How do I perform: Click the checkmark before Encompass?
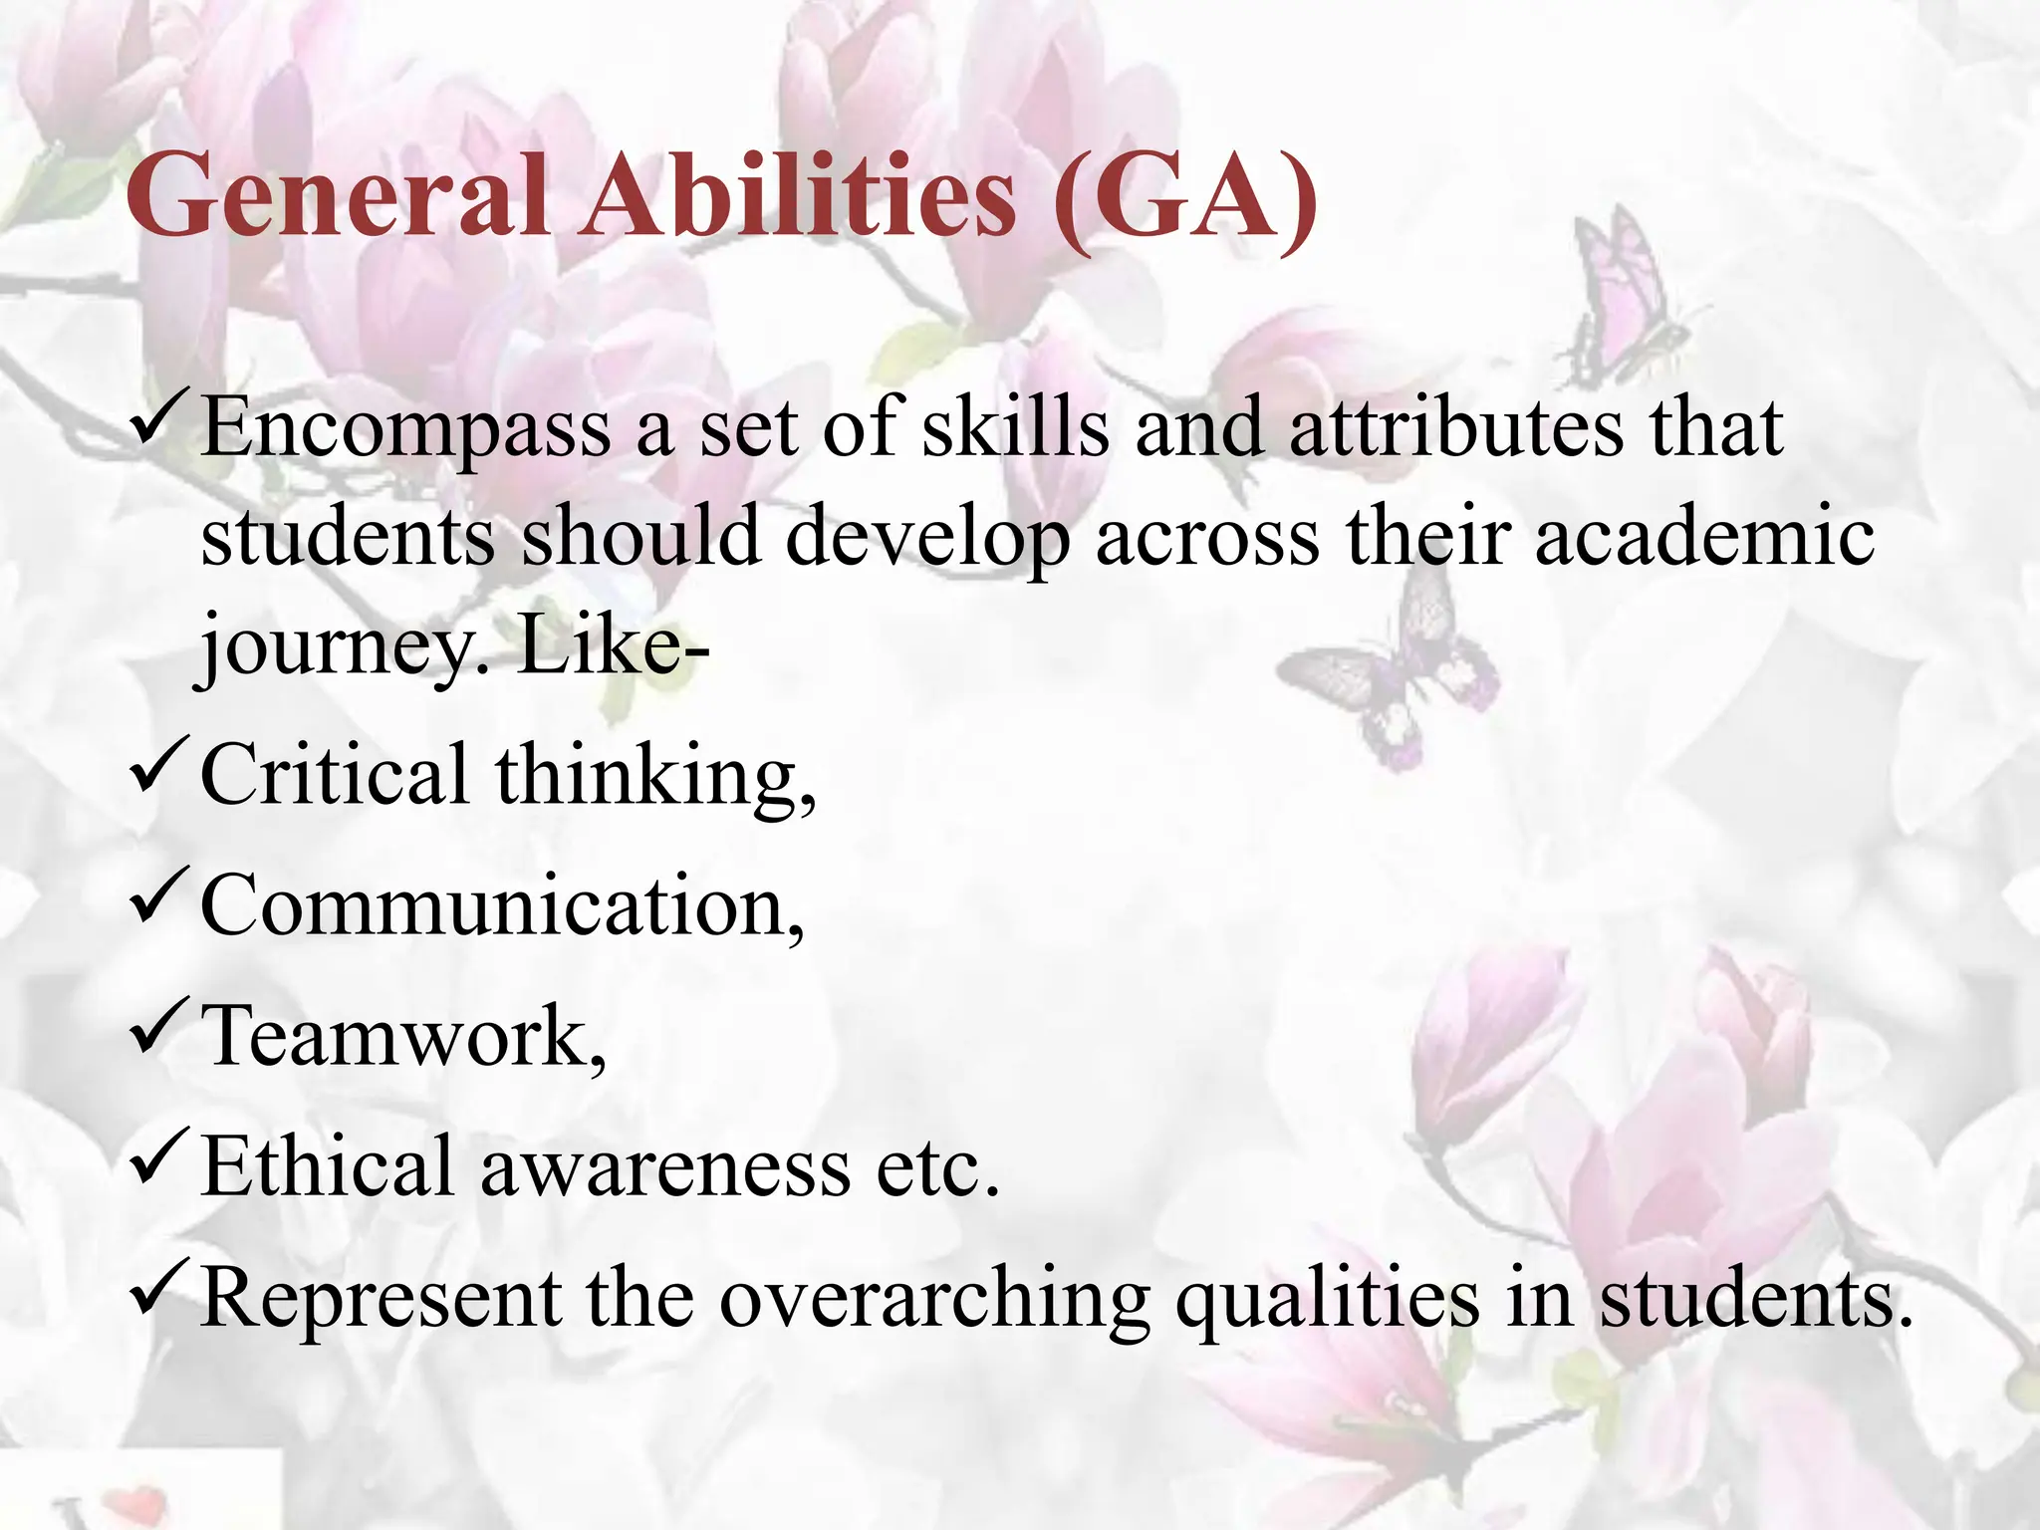tap(158, 422)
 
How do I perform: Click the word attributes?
tap(1456, 428)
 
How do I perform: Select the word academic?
tap(1704, 538)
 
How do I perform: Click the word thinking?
tap(655, 777)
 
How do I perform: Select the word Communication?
tap(501, 906)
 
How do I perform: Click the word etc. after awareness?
tap(937, 1167)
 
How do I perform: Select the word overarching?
tap(933, 1300)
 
